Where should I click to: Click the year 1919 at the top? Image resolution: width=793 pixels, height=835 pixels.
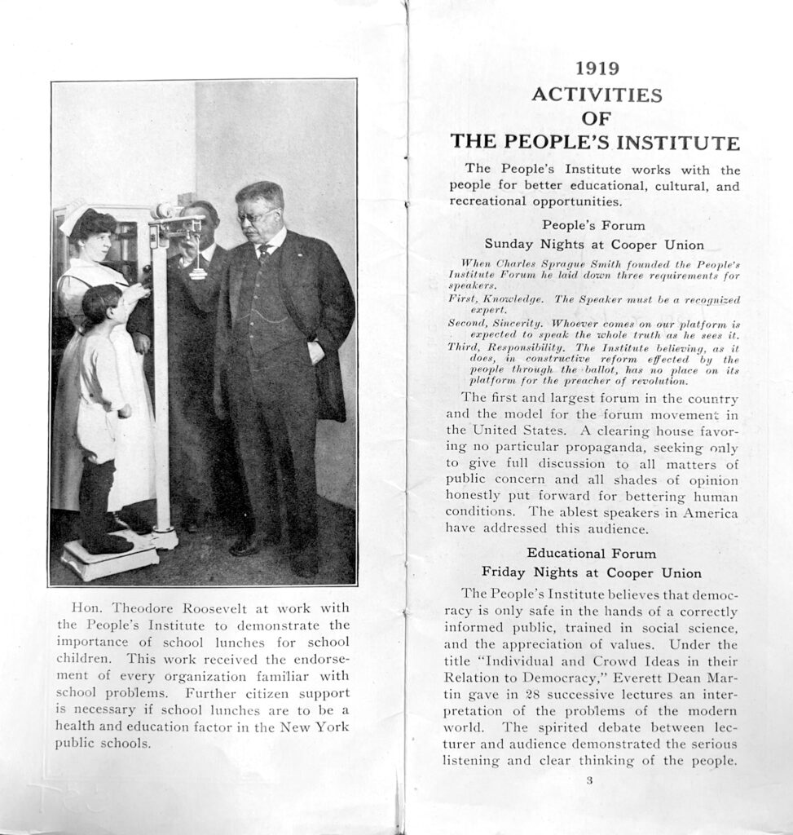tap(597, 68)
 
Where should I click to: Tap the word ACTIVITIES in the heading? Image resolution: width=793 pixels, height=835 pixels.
tap(597, 95)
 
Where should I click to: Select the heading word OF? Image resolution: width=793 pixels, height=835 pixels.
tap(597, 119)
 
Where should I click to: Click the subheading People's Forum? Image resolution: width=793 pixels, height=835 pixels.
tap(593, 225)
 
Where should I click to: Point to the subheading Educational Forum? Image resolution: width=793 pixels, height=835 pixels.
tap(591, 553)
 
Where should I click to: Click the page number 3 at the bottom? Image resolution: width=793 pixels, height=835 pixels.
tap(589, 780)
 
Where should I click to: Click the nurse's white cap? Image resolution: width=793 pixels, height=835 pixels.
tap(74, 216)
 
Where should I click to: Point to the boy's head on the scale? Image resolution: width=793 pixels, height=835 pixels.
tap(101, 303)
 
